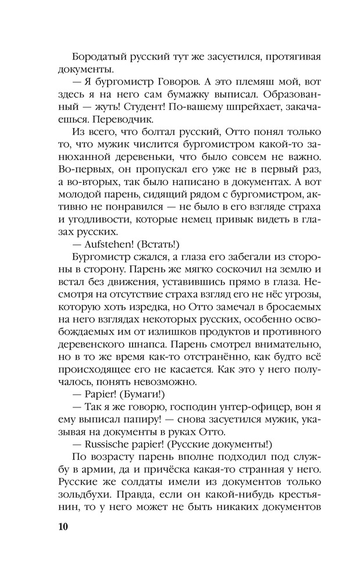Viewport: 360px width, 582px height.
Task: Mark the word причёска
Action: (203, 466)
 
